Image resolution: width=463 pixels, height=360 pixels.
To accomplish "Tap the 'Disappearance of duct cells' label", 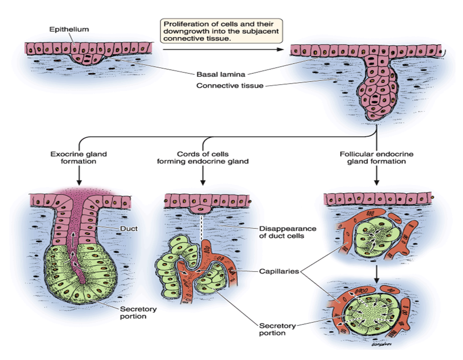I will (x=287, y=232).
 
